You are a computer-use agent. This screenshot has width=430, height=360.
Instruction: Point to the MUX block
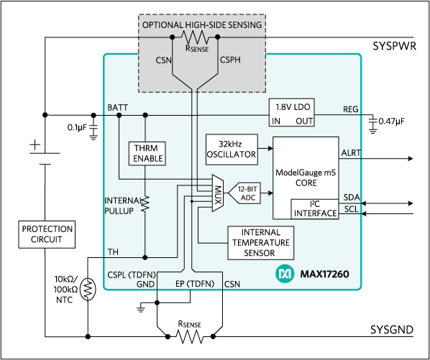click(218, 193)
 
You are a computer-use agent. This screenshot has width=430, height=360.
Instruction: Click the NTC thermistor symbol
click(88, 289)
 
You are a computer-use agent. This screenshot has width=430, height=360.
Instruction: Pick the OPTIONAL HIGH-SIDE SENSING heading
click(202, 25)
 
